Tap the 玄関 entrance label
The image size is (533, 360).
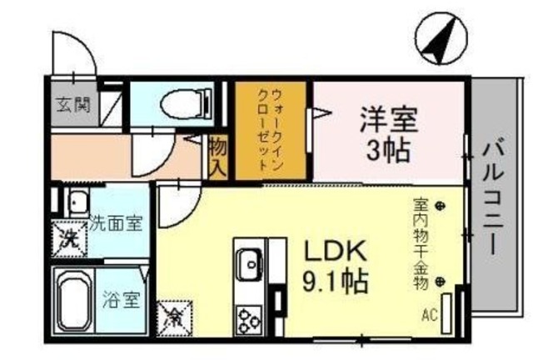pos(69,106)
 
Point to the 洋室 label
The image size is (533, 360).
pos(388,117)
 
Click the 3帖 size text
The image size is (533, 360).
pos(389,150)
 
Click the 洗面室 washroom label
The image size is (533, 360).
pos(116,222)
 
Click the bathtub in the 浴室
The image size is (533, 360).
pos(72,301)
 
